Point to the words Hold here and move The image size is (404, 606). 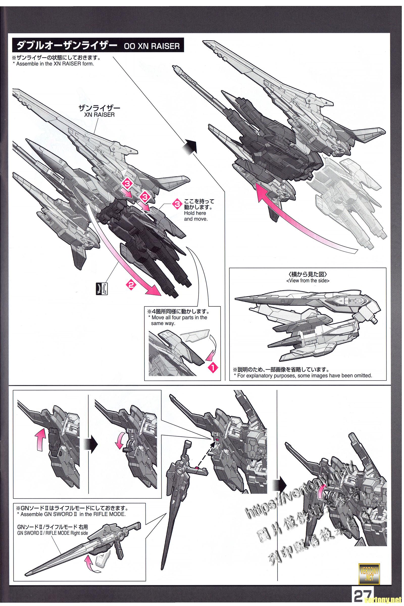(195, 216)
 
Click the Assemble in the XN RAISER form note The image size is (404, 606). (53, 64)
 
